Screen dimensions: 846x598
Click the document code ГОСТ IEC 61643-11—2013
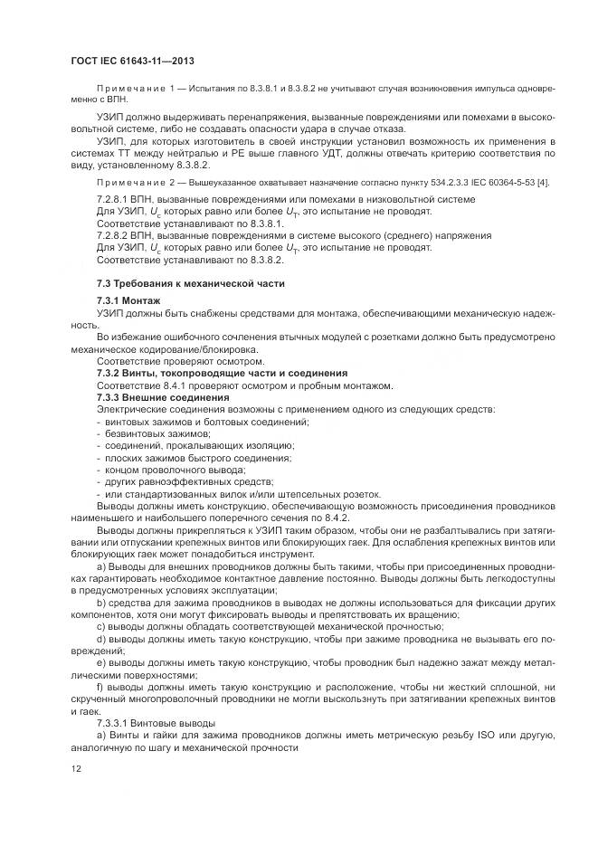click(x=132, y=61)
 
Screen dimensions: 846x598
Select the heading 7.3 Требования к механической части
click(x=190, y=283)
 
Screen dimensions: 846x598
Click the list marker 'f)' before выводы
click(x=100, y=687)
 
